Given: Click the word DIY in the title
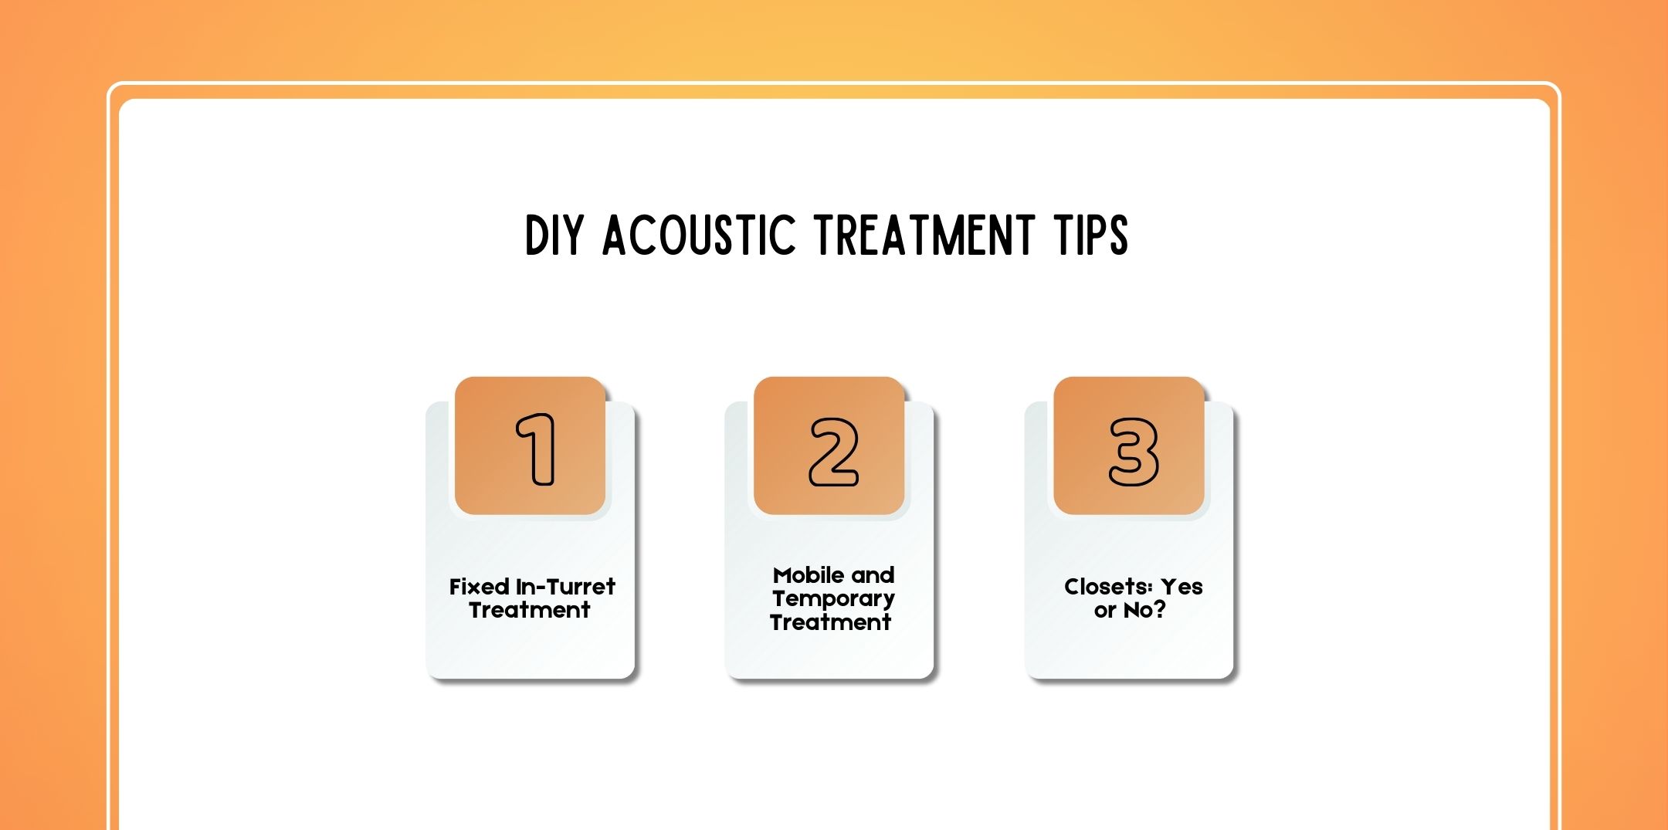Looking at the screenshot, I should tap(553, 235).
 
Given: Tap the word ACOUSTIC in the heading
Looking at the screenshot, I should tap(698, 235).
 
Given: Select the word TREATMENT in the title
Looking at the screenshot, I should tap(924, 235).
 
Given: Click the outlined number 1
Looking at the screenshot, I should tap(537, 449).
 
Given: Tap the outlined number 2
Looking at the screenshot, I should tap(833, 452).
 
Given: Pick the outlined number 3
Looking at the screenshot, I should tap(1133, 452).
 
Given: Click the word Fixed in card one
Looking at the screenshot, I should tap(479, 587).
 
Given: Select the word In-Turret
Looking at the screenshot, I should tap(565, 587).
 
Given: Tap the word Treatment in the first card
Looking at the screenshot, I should tap(530, 610).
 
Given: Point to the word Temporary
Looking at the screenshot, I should tap(833, 598).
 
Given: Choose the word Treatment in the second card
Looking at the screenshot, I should tap(831, 622).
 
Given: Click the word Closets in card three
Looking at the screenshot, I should tap(1108, 587).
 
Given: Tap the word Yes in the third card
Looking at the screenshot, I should tap(1181, 587).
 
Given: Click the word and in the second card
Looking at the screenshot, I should tap(873, 575).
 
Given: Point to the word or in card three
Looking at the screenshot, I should tap(1105, 611).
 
